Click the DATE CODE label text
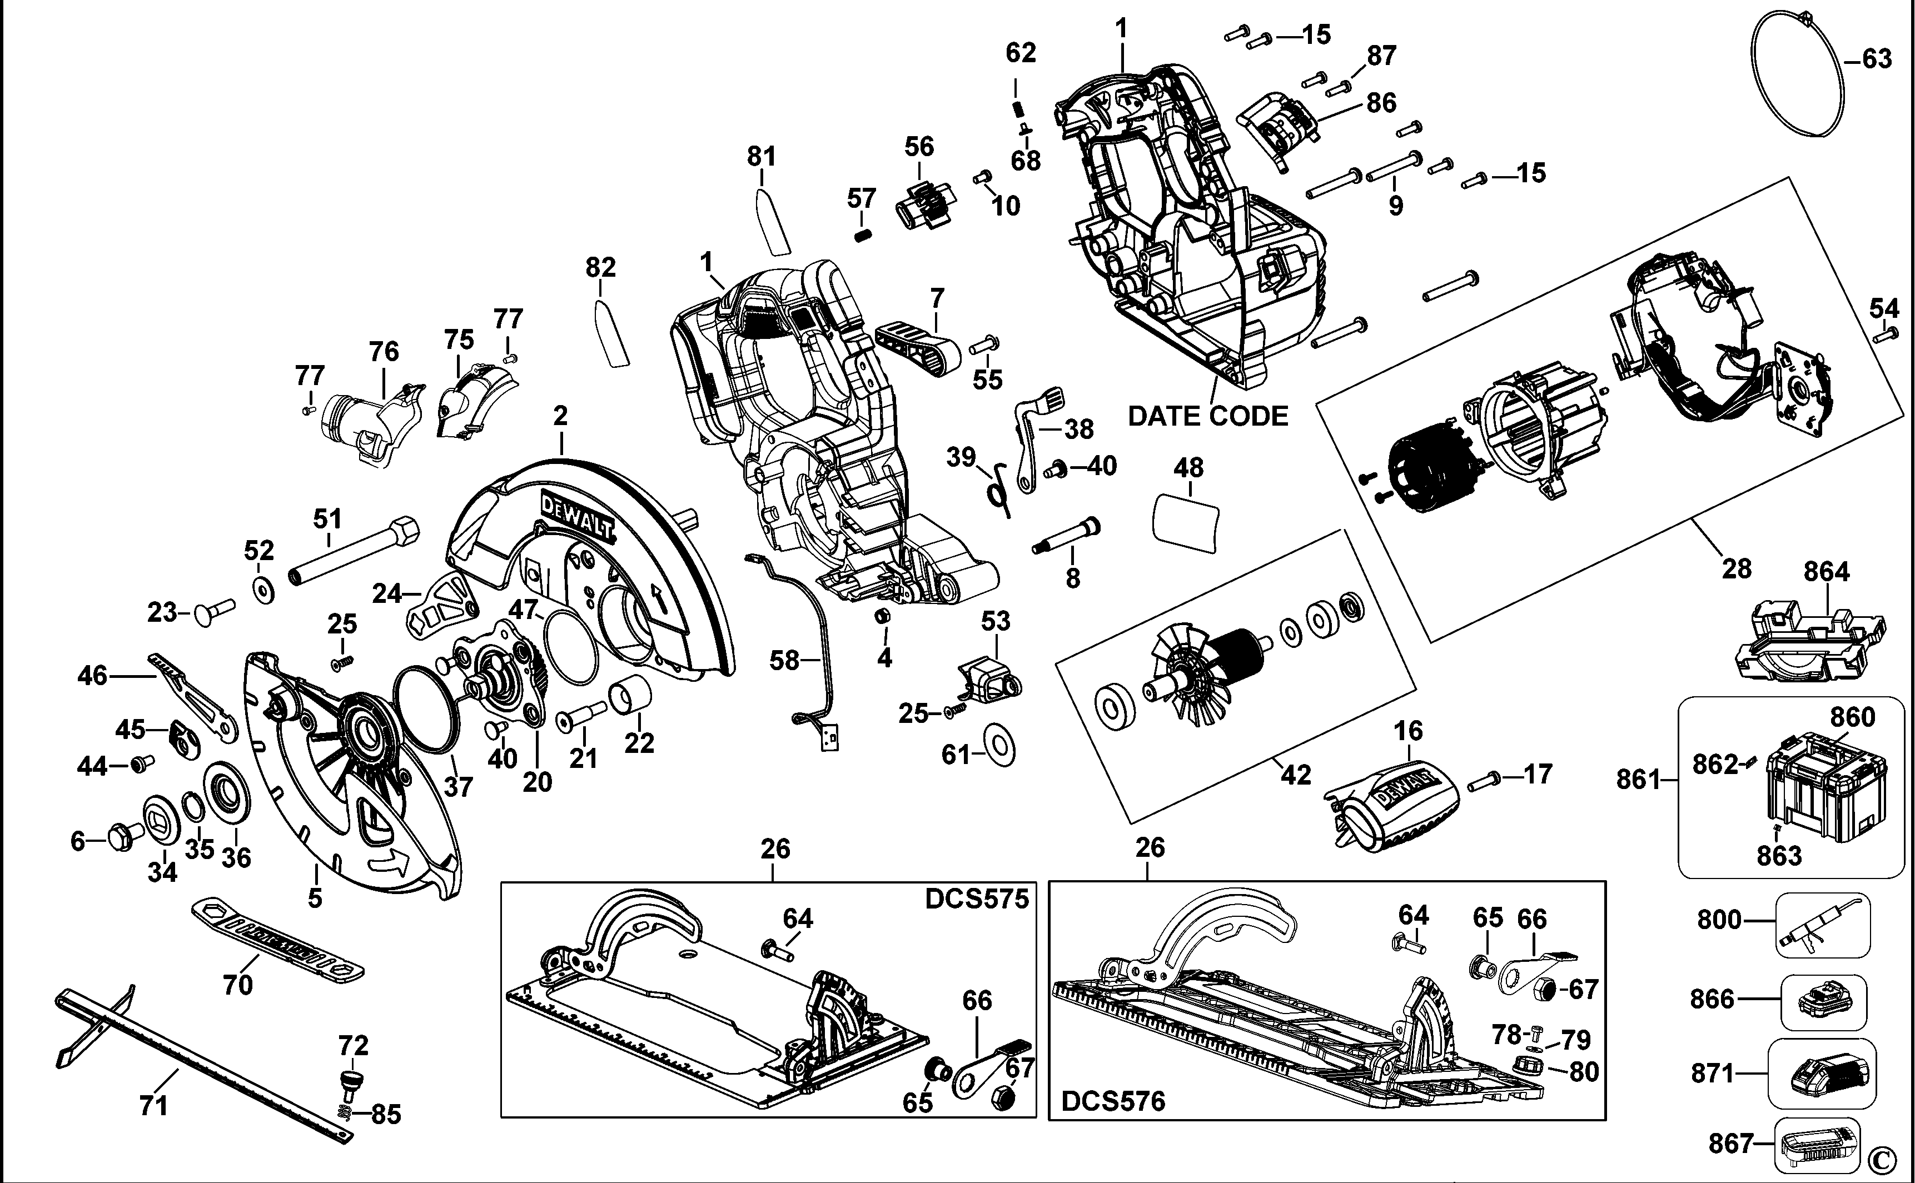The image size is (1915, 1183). (x=1207, y=416)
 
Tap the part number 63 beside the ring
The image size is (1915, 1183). (x=1876, y=59)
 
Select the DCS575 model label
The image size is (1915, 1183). (x=976, y=899)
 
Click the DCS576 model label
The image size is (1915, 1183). (x=1113, y=1102)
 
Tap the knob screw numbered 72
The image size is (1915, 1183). (x=352, y=1084)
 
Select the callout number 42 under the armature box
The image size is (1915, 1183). (x=1295, y=775)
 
